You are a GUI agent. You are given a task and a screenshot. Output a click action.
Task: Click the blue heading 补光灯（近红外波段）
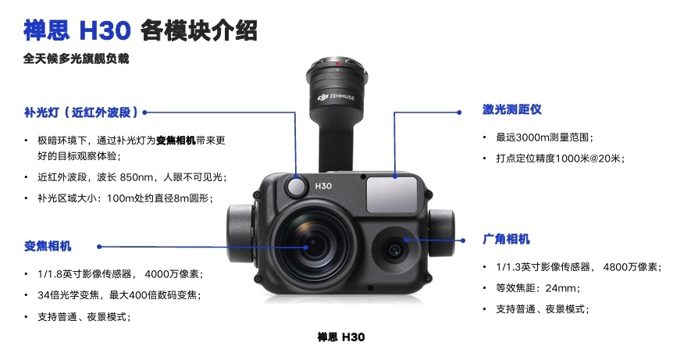coord(81,112)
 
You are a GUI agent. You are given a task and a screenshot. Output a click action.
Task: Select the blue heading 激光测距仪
coord(511,109)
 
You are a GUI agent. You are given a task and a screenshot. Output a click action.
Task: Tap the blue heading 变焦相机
coord(48,246)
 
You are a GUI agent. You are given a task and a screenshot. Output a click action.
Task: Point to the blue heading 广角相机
coord(506,239)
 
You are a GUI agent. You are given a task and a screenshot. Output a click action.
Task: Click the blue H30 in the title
coord(105,30)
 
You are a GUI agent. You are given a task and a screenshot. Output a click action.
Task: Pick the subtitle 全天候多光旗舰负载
coord(76,59)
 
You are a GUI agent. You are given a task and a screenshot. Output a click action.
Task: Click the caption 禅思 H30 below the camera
coord(341,337)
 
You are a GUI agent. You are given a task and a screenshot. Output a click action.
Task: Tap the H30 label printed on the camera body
coord(323,186)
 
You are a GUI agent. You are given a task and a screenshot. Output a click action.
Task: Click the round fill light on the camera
coord(297,186)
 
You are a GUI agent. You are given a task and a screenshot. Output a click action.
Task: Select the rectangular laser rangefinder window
coord(392,194)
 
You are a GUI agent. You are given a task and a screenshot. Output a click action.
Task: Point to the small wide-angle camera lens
coord(394,250)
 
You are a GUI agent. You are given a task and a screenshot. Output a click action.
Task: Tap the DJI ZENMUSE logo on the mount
coord(336,97)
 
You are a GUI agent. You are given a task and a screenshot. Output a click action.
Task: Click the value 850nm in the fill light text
coord(137,177)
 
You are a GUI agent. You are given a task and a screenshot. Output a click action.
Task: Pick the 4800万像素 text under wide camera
coord(630,267)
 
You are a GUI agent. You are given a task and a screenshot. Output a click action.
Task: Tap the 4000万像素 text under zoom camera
coord(172,274)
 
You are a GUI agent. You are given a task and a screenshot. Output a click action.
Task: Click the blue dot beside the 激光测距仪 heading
coord(459,112)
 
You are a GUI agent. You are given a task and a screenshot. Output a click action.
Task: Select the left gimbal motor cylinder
coord(240,233)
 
